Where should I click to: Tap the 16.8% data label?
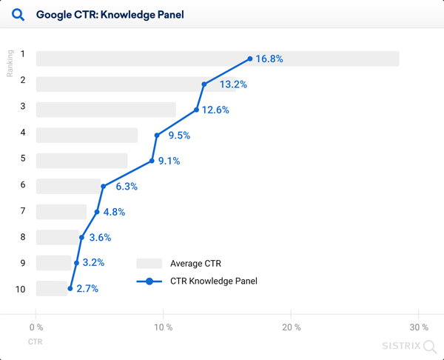click(x=269, y=59)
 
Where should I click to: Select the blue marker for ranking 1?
click(x=250, y=59)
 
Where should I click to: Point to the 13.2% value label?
click(x=233, y=84)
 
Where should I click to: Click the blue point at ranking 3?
click(x=196, y=110)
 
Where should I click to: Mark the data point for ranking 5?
click(x=152, y=161)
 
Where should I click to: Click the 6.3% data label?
click(x=127, y=187)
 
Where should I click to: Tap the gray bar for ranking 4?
click(x=87, y=135)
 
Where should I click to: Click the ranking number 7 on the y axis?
click(x=23, y=211)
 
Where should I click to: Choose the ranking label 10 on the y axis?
click(x=21, y=288)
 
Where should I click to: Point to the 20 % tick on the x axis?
click(x=292, y=327)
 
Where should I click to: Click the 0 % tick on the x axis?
click(x=36, y=327)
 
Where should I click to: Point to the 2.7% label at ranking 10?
click(x=87, y=289)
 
